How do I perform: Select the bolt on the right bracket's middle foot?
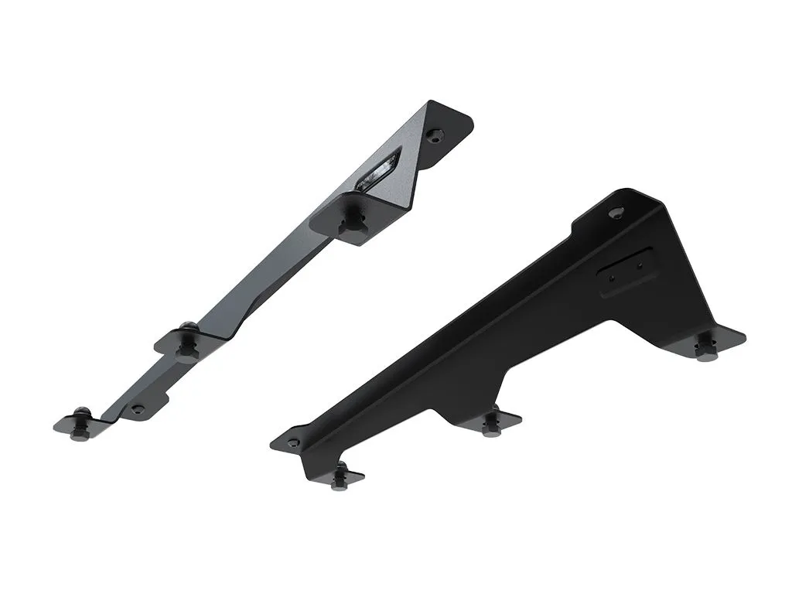click(490, 424)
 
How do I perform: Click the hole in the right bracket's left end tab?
click(293, 442)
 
